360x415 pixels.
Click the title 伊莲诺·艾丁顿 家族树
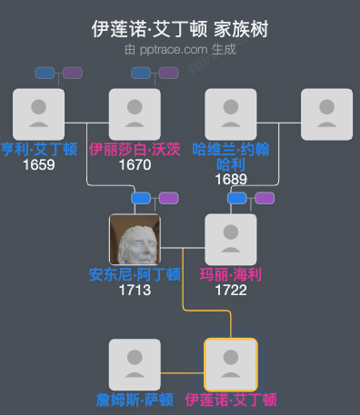coord(180,29)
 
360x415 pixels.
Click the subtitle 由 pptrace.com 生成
coord(180,49)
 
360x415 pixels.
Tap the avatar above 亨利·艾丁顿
coord(39,114)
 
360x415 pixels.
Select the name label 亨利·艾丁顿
coord(39,150)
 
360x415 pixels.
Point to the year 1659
coord(39,165)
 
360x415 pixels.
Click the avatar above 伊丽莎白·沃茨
coord(135,114)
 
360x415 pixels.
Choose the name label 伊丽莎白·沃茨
coord(135,150)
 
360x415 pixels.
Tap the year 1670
coord(135,165)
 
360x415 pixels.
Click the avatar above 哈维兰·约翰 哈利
coord(231,114)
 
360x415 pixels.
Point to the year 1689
coord(231,179)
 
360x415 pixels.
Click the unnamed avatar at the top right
coord(326,114)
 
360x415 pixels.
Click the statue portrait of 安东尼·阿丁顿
coord(135,240)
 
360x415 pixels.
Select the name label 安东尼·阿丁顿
coord(135,274)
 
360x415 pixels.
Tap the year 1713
coord(135,291)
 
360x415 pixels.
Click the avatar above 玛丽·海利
coord(231,240)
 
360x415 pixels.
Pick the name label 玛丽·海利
coord(231,274)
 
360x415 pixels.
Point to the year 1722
coord(231,291)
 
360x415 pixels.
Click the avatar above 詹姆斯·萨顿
coord(135,364)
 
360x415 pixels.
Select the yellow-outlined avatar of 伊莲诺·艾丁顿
coord(231,364)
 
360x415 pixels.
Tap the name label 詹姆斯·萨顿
coord(135,400)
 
